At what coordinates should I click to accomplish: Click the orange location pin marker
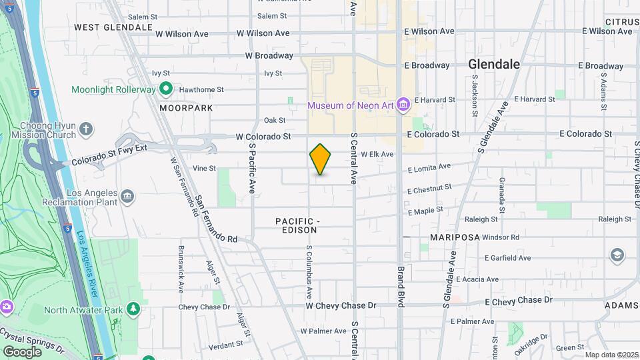(321, 159)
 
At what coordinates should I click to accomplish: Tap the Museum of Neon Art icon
(402, 105)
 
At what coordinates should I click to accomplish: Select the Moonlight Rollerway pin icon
(166, 89)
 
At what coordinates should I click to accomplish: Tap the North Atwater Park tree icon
(134, 309)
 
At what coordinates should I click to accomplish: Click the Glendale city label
(493, 65)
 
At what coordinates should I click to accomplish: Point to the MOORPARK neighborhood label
(186, 107)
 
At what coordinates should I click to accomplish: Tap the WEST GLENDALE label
(113, 27)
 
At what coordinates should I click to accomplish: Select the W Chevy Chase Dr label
(341, 305)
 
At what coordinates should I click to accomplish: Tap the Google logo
(22, 351)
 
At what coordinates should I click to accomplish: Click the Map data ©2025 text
(611, 355)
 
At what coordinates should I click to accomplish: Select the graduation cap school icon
(617, 255)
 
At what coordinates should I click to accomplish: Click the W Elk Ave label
(377, 154)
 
